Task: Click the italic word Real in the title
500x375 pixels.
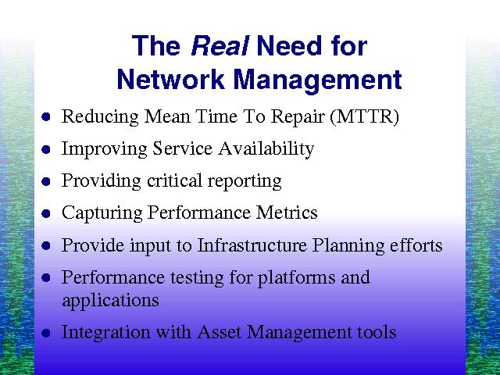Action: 220,45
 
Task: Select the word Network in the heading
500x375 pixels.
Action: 170,79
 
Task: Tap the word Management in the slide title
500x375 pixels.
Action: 318,81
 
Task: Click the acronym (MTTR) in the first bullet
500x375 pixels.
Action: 365,116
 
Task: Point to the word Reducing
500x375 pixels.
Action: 100,117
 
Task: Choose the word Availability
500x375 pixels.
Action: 266,149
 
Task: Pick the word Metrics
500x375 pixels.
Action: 287,212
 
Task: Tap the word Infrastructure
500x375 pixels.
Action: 252,245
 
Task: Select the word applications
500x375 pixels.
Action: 110,301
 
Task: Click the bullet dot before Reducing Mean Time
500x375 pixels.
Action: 46,117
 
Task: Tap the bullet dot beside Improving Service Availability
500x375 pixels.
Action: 46,149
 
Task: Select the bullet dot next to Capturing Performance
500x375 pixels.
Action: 46,213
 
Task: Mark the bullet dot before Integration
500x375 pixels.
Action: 46,333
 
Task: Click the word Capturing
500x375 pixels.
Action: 102,213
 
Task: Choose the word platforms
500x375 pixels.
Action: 296,278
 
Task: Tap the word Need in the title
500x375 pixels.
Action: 289,45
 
